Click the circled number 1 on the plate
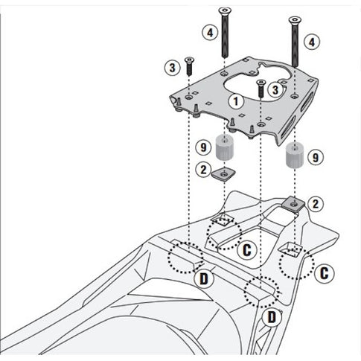pyautogui.click(x=236, y=99)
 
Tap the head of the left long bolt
pyautogui.click(x=223, y=10)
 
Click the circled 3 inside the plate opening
pyautogui.click(x=276, y=90)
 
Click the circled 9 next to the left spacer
pyautogui.click(x=202, y=147)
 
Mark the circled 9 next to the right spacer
pyautogui.click(x=316, y=157)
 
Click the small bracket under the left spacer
pyautogui.click(x=220, y=175)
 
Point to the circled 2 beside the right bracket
pyautogui.click(x=316, y=203)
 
